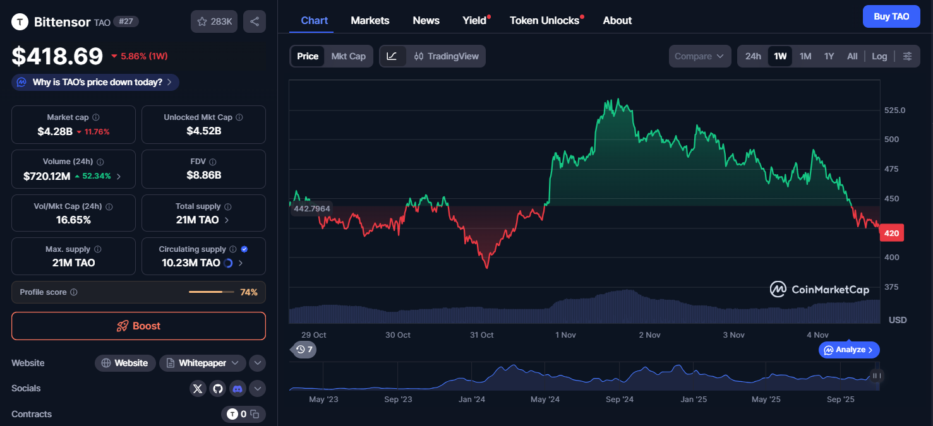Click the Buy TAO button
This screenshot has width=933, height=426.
891,16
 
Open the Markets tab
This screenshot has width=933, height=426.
370,20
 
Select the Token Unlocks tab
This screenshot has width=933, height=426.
545,20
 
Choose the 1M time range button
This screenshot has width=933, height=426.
805,56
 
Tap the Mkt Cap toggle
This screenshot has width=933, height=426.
348,56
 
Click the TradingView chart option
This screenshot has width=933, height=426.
446,56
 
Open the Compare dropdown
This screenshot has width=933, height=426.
699,56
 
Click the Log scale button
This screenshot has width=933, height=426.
879,56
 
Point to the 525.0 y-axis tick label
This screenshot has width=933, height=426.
894,110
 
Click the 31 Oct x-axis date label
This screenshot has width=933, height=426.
482,334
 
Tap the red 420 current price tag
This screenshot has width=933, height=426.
891,233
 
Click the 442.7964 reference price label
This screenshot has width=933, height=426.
312,209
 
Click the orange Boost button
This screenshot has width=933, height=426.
138,326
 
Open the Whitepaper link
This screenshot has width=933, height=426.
202,363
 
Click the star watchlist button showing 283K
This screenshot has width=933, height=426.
214,21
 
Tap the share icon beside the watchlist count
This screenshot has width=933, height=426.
255,21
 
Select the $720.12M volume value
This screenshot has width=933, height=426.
47,176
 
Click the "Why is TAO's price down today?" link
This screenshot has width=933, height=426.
95,82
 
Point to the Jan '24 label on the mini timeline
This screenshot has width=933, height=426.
471,399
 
